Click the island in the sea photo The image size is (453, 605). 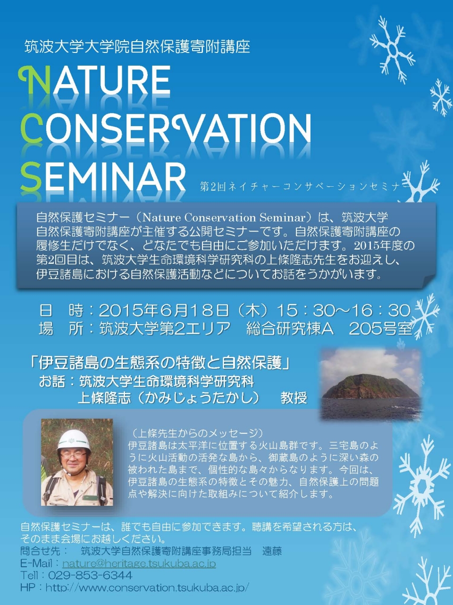pyautogui.click(x=370, y=387)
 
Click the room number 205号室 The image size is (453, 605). pyautogui.click(x=380, y=329)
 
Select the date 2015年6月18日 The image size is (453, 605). pyautogui.click(x=164, y=311)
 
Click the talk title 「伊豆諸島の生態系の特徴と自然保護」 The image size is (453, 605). pyautogui.click(x=160, y=363)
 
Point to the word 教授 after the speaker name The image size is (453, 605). pyautogui.click(x=294, y=398)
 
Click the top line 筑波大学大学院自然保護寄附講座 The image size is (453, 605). pyautogui.click(x=137, y=46)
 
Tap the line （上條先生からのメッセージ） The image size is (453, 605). pyautogui.click(x=196, y=433)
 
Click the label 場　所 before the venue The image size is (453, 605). pyautogui.click(x=61, y=329)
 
